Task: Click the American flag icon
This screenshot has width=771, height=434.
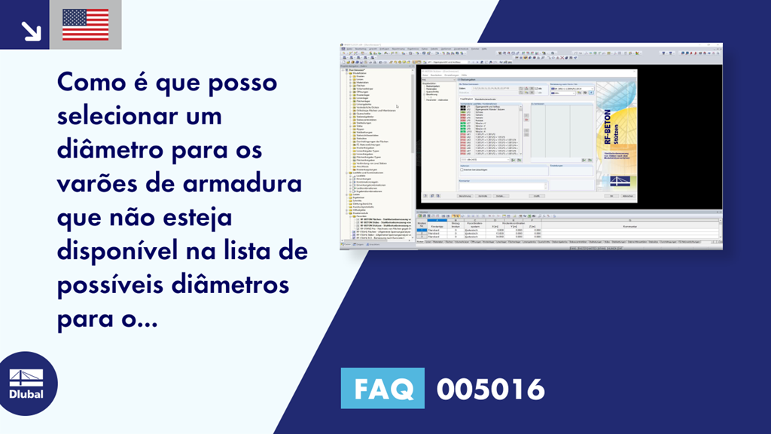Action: point(85,24)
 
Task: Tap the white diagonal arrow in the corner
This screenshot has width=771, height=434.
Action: point(31,30)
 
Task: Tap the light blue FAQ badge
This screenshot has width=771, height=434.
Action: point(383,389)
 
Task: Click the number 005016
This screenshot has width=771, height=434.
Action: point(491,389)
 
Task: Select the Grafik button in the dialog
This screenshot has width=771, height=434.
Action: point(536,195)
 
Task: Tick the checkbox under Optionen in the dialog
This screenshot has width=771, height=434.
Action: point(462,170)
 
